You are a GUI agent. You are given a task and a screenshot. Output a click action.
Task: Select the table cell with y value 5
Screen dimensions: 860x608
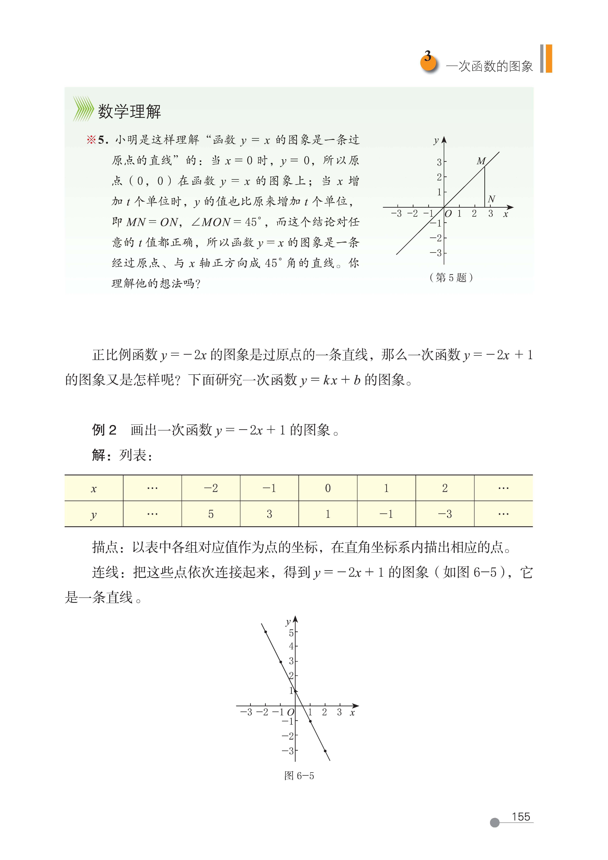[x=211, y=514]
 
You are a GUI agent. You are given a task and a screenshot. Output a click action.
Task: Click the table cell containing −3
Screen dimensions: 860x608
[x=445, y=514]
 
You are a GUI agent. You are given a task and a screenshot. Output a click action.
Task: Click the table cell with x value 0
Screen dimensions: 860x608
[x=328, y=488]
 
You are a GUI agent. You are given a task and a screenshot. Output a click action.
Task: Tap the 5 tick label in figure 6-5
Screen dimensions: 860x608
[x=291, y=633]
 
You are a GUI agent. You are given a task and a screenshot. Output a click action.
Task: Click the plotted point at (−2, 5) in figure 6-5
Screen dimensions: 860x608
[x=266, y=632]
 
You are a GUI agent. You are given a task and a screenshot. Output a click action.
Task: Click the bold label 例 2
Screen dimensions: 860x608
[x=104, y=430]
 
